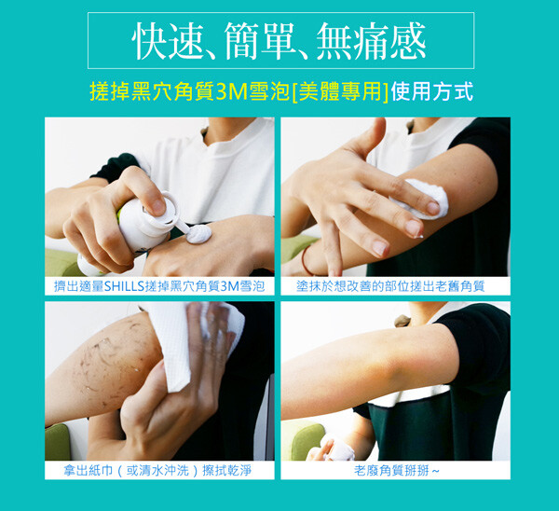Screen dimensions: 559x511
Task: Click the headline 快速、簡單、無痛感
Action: tap(279, 41)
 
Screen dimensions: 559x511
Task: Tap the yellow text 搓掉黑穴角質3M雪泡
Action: tap(190, 91)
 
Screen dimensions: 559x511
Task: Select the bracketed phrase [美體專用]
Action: tap(340, 91)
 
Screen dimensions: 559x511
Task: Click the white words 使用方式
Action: tap(431, 91)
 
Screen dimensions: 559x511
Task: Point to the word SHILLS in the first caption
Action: tap(124, 286)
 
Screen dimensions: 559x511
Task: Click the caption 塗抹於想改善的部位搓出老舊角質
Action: tap(390, 286)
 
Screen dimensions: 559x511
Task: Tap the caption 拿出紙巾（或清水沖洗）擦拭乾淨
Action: tap(157, 471)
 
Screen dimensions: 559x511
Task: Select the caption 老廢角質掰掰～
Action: tap(397, 471)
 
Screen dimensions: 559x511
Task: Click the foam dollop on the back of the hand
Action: tap(199, 234)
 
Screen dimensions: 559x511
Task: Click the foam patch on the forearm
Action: tap(421, 198)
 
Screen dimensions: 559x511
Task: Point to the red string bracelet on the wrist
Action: tap(306, 261)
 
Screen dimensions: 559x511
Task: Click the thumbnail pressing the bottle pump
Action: tap(158, 206)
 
